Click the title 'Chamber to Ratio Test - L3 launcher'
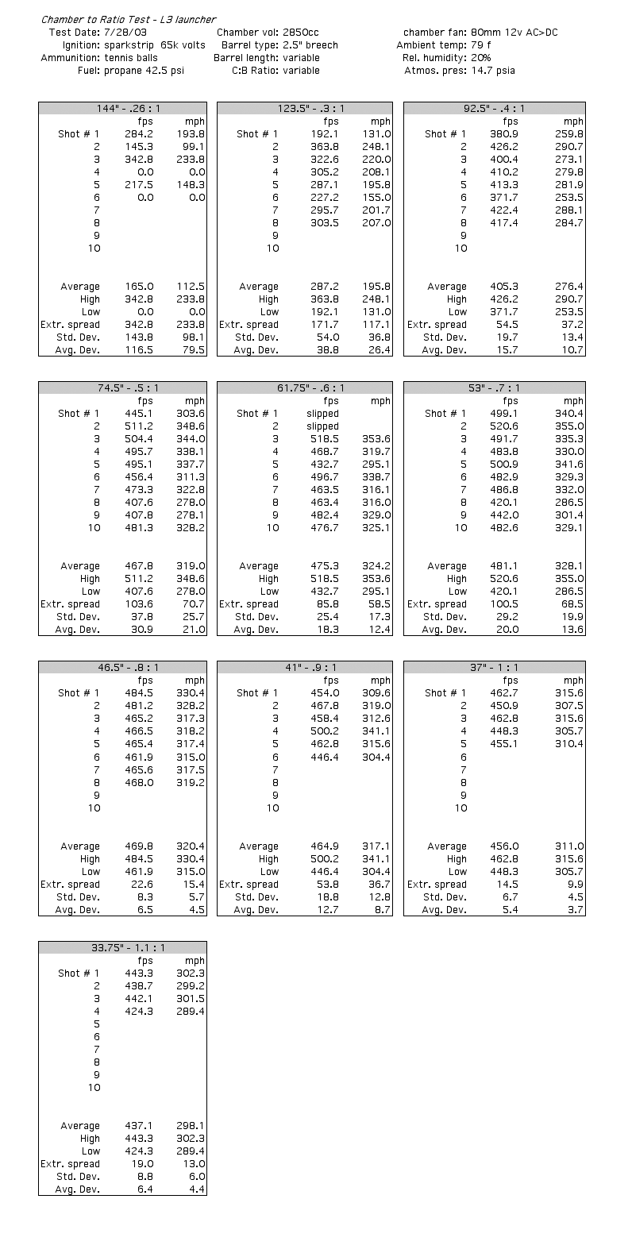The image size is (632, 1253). [x=129, y=19]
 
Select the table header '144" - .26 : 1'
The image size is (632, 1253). [x=122, y=109]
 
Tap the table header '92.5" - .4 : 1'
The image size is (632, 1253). [x=494, y=109]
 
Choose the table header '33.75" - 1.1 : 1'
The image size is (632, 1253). [x=122, y=947]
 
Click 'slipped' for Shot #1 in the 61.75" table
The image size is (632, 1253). [x=322, y=414]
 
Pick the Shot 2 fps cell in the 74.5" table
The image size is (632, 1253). [x=139, y=426]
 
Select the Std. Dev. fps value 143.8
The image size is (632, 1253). [x=139, y=337]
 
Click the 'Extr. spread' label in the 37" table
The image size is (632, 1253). [x=437, y=885]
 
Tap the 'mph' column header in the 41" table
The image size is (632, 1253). [x=380, y=680]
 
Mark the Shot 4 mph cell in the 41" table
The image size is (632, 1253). [x=376, y=731]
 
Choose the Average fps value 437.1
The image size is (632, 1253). [x=139, y=1126]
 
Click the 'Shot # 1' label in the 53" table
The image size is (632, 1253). [x=445, y=414]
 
